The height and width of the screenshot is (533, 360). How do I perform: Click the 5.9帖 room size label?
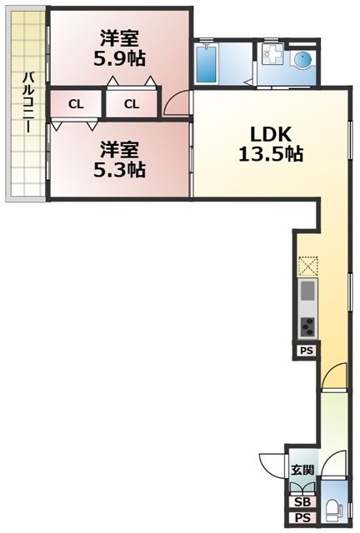pos(119,59)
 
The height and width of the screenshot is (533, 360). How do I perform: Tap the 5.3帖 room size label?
pos(119,170)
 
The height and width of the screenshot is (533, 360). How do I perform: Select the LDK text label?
pos(271,135)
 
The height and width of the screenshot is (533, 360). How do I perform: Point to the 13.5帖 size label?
pos(271,154)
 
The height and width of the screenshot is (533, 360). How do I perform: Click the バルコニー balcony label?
pos(28,102)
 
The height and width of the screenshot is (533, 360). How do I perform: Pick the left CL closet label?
pos(76,104)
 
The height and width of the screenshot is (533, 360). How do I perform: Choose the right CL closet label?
pos(132,104)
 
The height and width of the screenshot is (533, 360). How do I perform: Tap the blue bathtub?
pos(206,64)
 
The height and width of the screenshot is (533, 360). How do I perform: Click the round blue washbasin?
pos(302,60)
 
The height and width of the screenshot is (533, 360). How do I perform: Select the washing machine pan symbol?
pos(272,54)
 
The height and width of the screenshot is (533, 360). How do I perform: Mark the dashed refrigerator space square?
pos(308,266)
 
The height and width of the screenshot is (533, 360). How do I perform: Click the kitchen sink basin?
pos(307,291)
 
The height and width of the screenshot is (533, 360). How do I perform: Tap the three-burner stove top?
pos(307,326)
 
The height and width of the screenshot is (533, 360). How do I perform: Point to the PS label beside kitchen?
pos(306,351)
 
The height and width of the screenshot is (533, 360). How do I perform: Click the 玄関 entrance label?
pos(302,470)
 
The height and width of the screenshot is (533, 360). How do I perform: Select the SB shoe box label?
pos(302,501)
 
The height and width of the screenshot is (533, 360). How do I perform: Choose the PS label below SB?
pos(302,518)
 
